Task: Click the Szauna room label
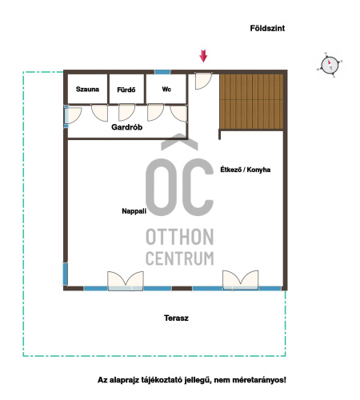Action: tap(87, 89)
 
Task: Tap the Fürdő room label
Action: tap(126, 90)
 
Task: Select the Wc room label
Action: tap(166, 89)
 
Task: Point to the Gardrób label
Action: tap(126, 127)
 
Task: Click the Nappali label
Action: tap(134, 211)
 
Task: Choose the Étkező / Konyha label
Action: tap(246, 170)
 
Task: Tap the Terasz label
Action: tap(176, 318)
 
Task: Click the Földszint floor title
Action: tap(267, 28)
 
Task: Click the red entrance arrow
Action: tap(203, 56)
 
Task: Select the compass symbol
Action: tap(330, 65)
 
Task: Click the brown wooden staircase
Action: tap(251, 102)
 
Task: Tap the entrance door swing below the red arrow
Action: tap(203, 81)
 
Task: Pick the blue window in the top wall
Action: tap(162, 72)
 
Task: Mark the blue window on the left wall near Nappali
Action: tap(65, 274)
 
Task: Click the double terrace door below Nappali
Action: tap(126, 281)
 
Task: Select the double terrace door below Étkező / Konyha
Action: tap(241, 280)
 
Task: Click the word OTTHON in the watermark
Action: tap(180, 237)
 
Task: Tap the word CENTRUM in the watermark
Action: tap(180, 258)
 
